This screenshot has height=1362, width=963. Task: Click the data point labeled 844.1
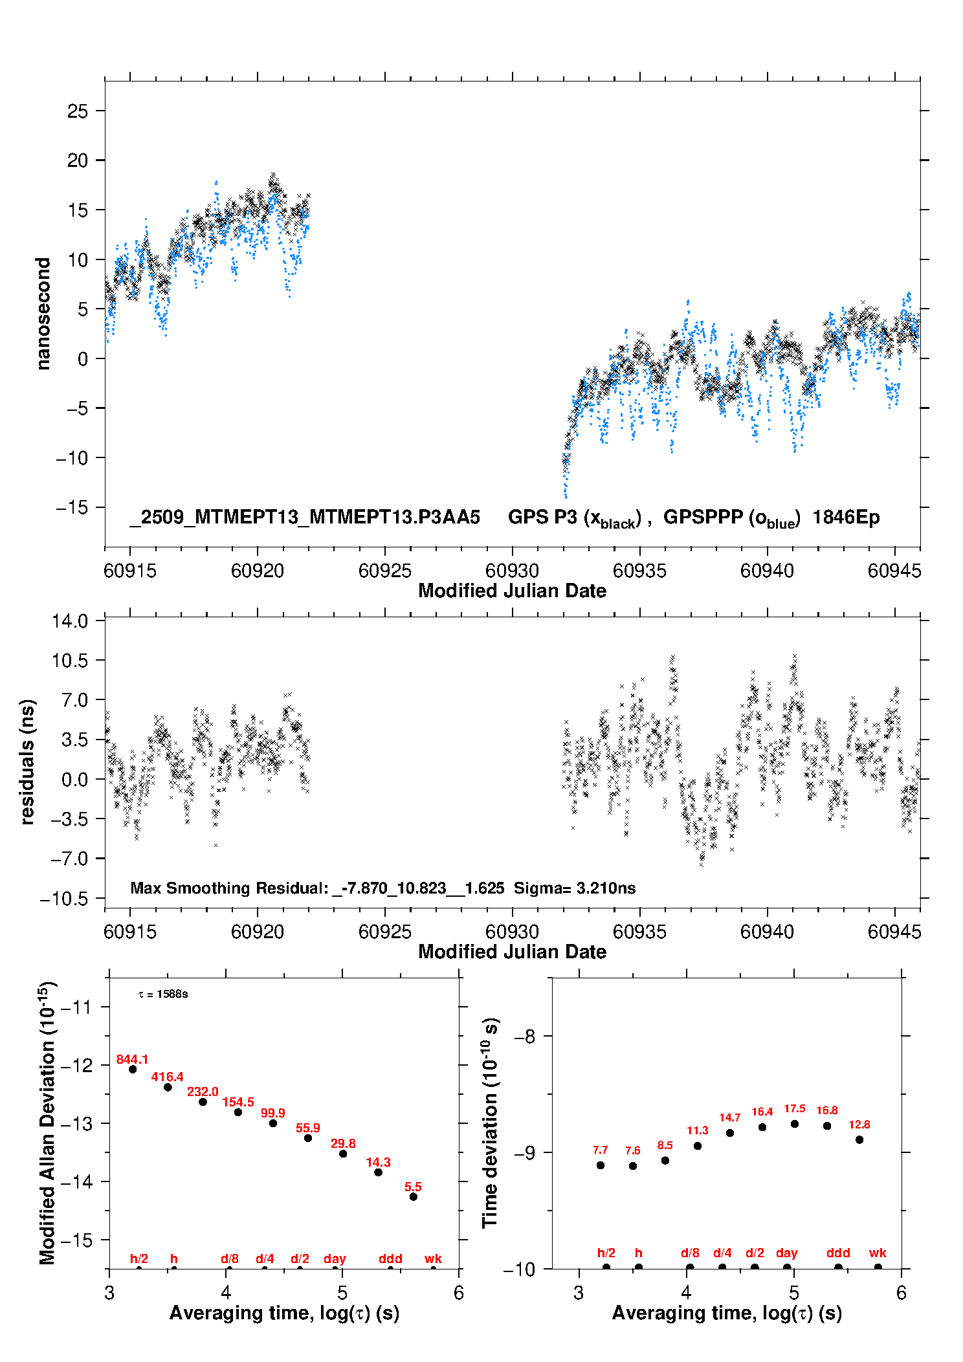pos(133,1069)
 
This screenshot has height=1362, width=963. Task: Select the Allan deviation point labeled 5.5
pos(414,1196)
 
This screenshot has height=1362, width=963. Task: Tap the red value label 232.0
pos(203,1092)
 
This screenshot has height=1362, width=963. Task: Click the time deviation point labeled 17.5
pos(795,1124)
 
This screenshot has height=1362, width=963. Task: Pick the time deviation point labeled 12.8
pos(859,1139)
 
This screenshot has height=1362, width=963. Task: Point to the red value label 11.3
pos(698,1130)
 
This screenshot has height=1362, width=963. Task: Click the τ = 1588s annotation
pos(163,994)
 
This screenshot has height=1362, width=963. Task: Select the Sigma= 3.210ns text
pos(575,888)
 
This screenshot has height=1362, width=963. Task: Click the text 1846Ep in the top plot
pos(846,517)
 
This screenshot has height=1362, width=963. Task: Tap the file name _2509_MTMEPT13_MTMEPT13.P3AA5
pos(305,517)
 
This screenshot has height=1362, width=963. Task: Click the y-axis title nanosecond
pos(43,313)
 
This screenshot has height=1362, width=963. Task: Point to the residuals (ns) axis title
pos(27,762)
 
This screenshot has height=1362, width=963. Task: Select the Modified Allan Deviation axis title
pos(47,1123)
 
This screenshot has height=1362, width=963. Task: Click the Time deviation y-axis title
pos(490,1123)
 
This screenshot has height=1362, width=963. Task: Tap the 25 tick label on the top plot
pos(78,111)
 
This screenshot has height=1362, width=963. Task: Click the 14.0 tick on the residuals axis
pos(70,621)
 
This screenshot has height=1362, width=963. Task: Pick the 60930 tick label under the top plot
pos(512,571)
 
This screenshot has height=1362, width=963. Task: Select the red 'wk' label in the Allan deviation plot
pos(433,1258)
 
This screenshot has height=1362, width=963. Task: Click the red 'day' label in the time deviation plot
pos(787,1253)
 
